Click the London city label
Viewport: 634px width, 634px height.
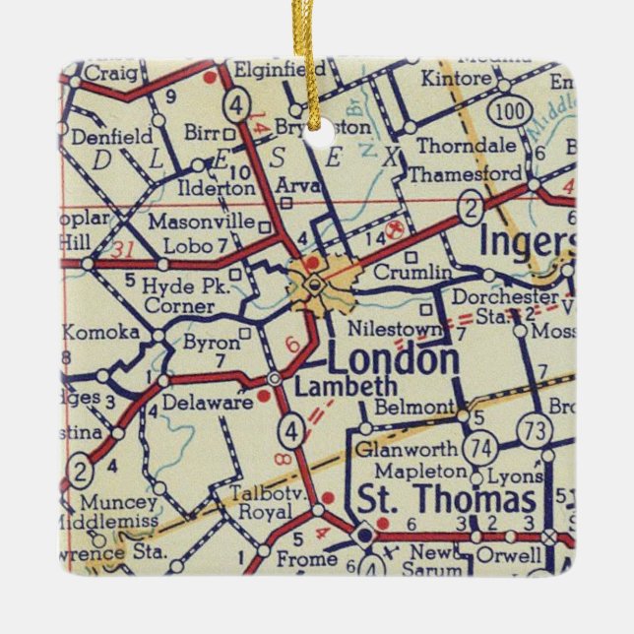[395, 359]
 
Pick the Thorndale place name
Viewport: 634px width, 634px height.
[452, 146]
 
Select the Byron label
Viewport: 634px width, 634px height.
[211, 343]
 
